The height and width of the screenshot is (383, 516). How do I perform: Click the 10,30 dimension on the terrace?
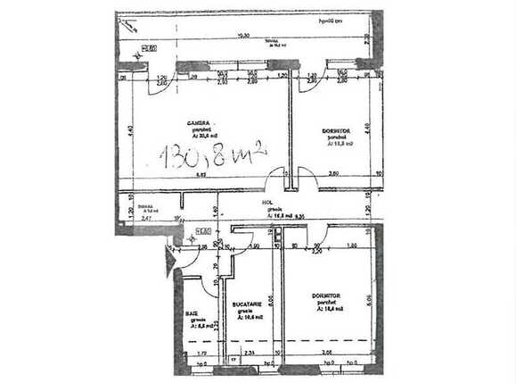(x=242, y=35)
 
